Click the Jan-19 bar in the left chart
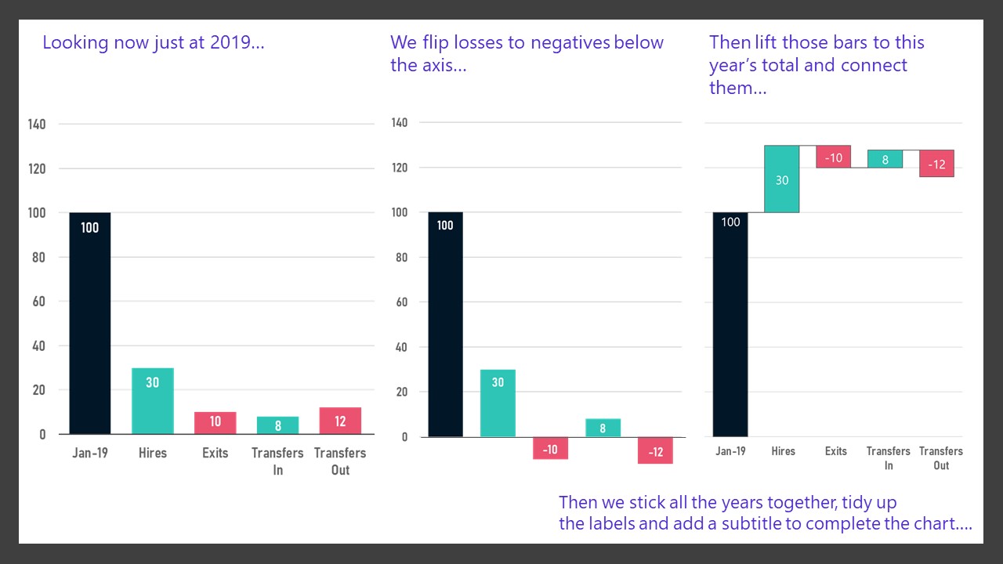pos(90,323)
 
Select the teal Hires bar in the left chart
pos(153,400)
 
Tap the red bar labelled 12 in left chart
pos(340,421)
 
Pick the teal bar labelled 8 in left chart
pos(278,425)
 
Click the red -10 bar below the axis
pos(550,448)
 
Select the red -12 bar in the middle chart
pos(655,450)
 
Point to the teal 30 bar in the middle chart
pos(498,403)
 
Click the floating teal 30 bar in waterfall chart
pos(782,179)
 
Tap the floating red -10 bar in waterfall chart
pos(835,157)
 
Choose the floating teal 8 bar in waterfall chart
pos(885,159)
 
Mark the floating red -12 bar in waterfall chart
pos(937,164)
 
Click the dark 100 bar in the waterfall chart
pos(730,324)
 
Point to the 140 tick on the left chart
pos(37,124)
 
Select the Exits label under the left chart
pos(215,453)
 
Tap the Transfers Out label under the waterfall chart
pos(941,458)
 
